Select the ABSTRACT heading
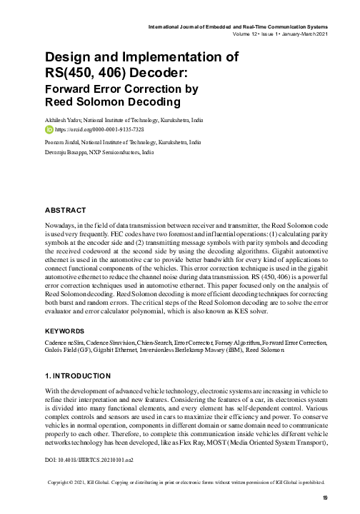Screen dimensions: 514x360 pyautogui.click(x=66, y=211)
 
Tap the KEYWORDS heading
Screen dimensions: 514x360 pyautogui.click(x=67, y=331)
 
